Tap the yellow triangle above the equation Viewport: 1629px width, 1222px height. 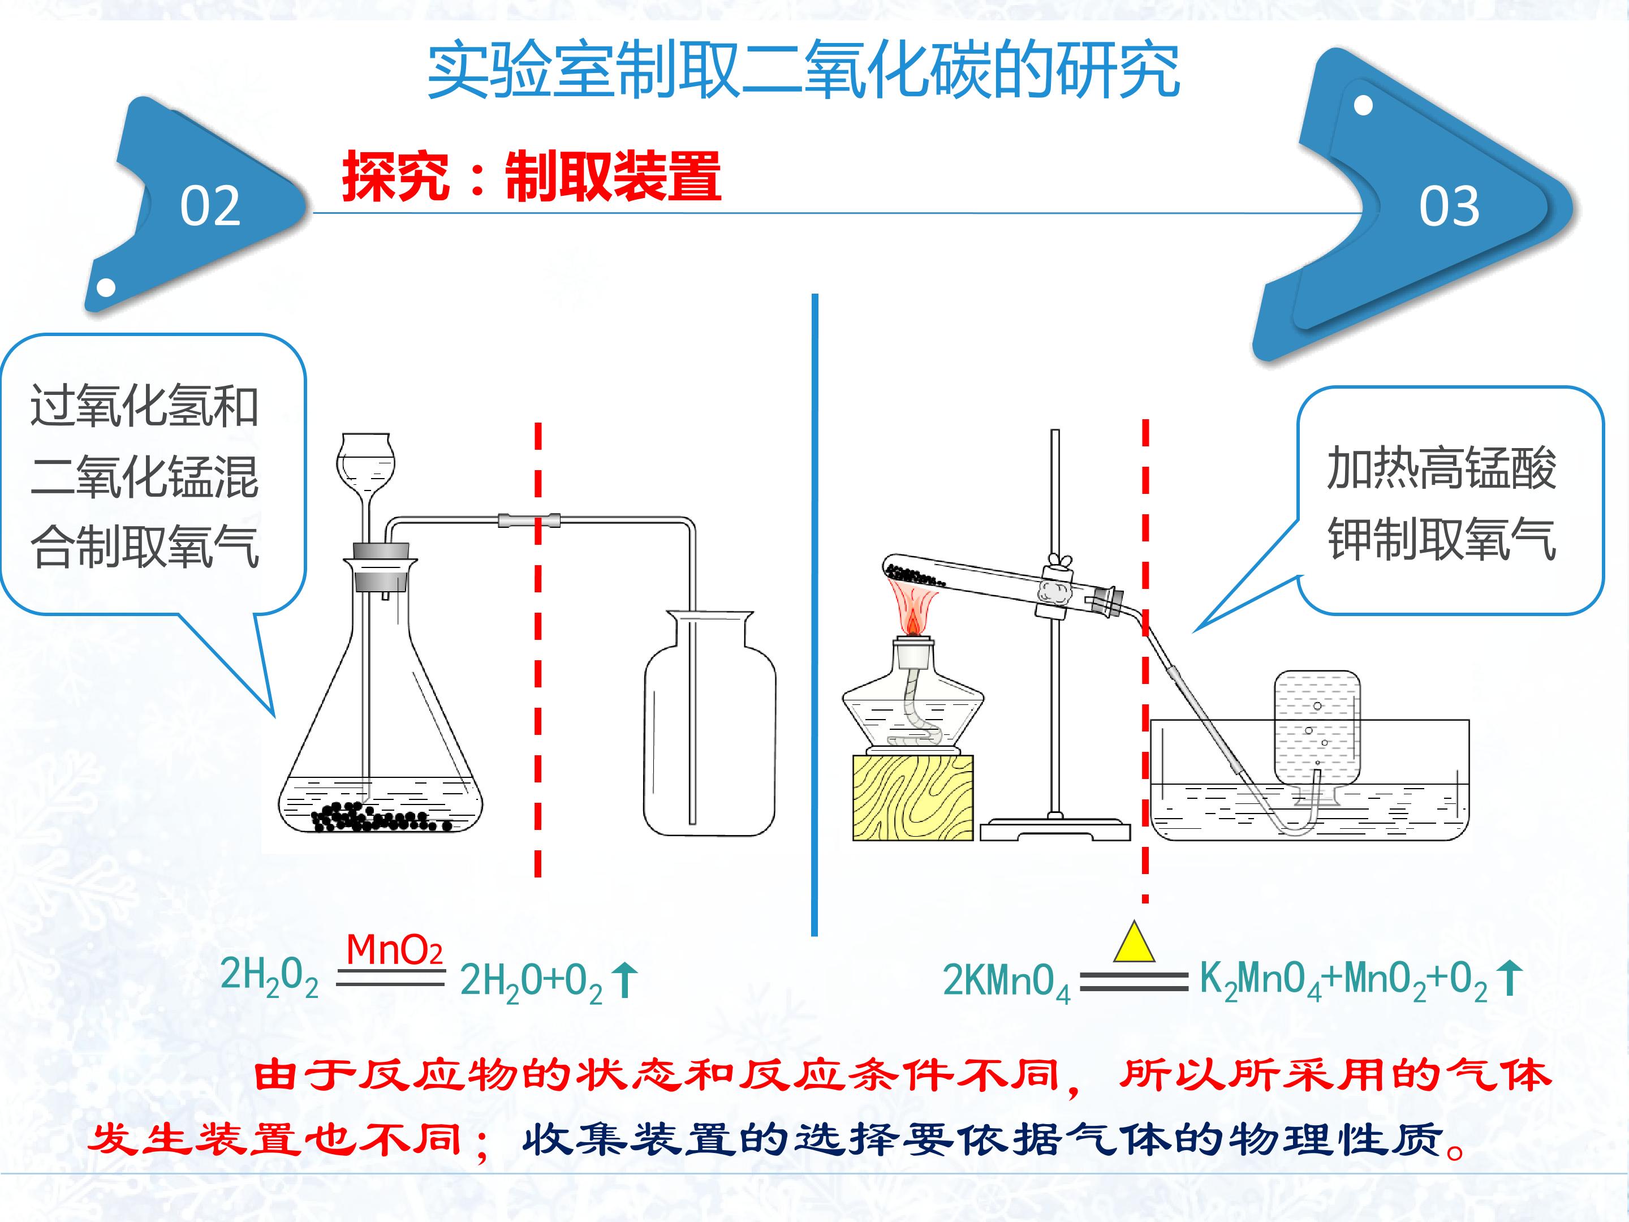point(1134,941)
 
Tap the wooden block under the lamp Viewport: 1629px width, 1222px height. point(912,798)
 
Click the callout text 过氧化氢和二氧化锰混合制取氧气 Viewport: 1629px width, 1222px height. point(144,476)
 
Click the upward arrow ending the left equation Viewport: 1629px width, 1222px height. point(625,980)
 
